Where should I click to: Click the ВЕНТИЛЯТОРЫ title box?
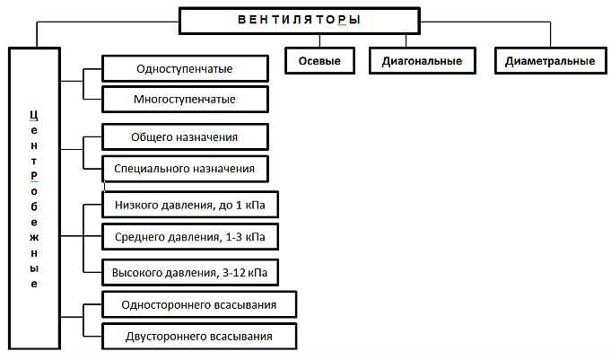tap(300, 21)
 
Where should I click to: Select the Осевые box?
tap(319, 61)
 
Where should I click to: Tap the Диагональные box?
tap(422, 61)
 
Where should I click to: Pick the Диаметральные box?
tap(550, 61)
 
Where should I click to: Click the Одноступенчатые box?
tap(185, 68)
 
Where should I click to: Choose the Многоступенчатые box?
tap(185, 99)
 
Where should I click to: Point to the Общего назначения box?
tap(185, 136)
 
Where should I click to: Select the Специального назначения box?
tap(185, 169)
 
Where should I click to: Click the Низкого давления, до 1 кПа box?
tap(190, 205)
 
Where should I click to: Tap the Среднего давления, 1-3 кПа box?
tap(190, 237)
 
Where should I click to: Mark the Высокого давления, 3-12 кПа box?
tap(190, 272)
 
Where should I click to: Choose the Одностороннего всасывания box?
tap(198, 304)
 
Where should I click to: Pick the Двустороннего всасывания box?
tap(198, 336)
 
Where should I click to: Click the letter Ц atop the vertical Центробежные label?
tap(34, 116)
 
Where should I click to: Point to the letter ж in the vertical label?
tap(34, 238)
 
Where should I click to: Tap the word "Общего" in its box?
tap(152, 137)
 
